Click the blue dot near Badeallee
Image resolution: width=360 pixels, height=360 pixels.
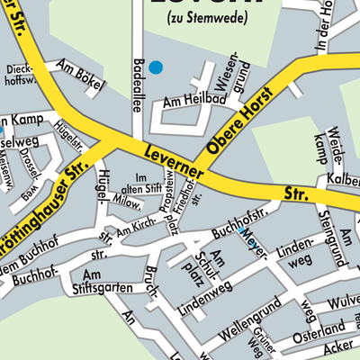(x=156, y=67)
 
